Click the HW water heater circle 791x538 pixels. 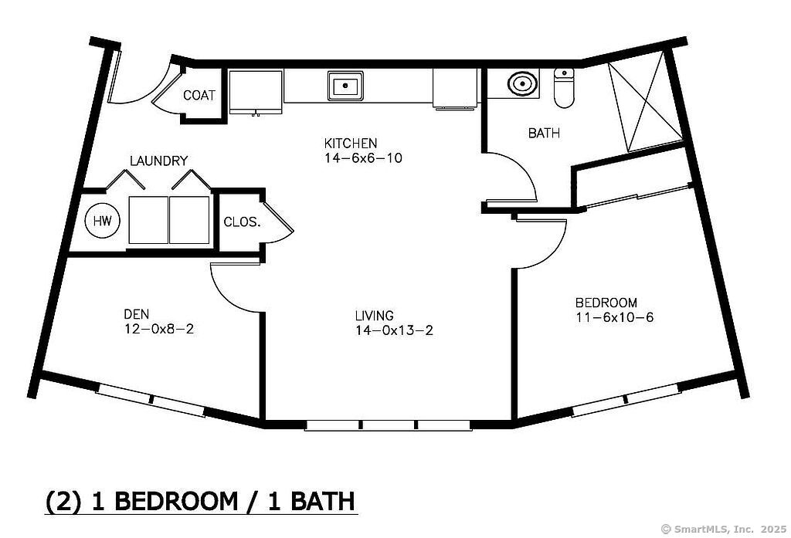[x=103, y=221]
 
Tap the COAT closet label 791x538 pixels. [x=199, y=95]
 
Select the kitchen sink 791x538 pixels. [x=345, y=86]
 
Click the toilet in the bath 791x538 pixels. [x=564, y=88]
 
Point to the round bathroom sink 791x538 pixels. [x=522, y=83]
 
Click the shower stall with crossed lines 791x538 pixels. [x=645, y=101]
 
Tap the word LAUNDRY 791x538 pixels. [x=159, y=161]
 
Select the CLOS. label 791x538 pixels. [x=242, y=222]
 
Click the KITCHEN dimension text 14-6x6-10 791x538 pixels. [x=363, y=158]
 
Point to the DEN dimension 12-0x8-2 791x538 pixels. [x=159, y=330]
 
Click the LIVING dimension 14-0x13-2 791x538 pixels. [x=394, y=331]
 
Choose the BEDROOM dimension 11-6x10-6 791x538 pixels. [x=614, y=318]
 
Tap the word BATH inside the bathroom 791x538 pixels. [x=544, y=133]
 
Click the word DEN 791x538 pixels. [x=136, y=314]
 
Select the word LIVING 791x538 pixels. [x=375, y=316]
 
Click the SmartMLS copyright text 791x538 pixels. [x=723, y=529]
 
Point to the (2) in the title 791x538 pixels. [x=63, y=501]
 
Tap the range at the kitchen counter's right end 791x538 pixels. [x=455, y=89]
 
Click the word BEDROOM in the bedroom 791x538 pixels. [x=606, y=303]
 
